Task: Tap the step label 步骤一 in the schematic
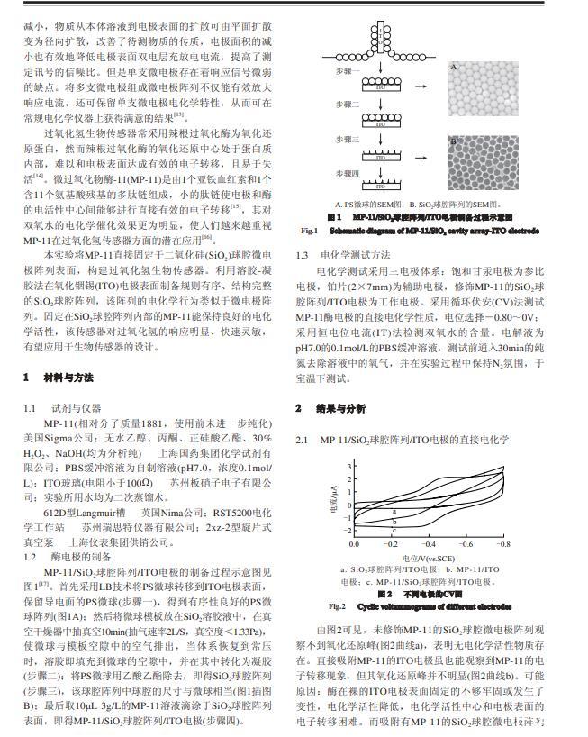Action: coord(347,70)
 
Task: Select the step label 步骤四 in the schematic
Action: coord(347,172)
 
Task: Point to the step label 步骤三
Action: coord(347,140)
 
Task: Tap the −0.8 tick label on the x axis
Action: coord(502,545)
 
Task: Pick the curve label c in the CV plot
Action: coord(394,532)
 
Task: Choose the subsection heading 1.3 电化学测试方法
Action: coord(343,255)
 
